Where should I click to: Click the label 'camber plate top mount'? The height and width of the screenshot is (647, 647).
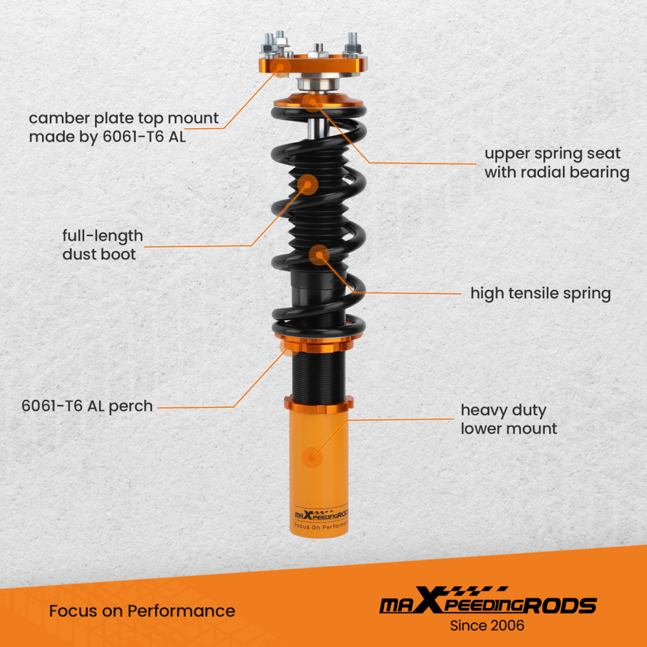click(x=124, y=127)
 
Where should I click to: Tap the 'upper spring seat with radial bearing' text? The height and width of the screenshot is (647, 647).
click(x=556, y=162)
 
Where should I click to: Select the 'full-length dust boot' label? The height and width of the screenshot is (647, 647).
click(x=102, y=245)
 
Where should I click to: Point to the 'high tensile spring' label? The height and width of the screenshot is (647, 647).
click(x=540, y=293)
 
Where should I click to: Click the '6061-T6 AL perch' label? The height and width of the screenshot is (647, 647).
click(x=87, y=406)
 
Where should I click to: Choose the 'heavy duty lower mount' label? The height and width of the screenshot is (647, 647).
click(x=508, y=419)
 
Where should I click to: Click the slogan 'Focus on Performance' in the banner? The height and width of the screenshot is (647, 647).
click(x=142, y=611)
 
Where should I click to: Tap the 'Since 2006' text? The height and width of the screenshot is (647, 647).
click(x=487, y=625)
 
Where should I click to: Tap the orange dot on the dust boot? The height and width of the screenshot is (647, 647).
click(x=308, y=184)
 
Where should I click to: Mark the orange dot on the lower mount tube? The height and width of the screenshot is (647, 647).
click(x=313, y=457)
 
